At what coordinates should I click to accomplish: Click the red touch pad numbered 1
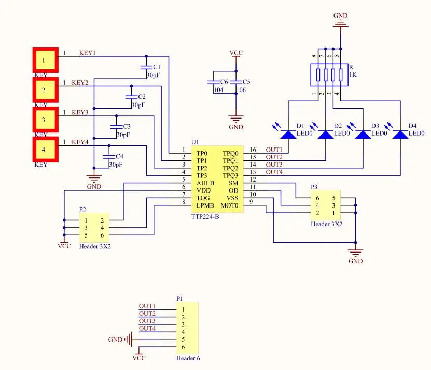45,60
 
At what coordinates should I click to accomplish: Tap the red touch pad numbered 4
45,150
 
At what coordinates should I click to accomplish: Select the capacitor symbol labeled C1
146,67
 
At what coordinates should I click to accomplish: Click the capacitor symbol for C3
116,127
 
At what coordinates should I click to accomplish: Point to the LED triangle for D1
288,135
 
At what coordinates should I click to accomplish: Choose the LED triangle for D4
400,135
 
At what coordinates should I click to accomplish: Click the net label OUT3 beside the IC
274,165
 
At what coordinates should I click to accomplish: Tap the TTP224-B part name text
205,217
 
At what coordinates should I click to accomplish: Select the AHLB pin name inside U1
205,183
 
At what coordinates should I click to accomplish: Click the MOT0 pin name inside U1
229,206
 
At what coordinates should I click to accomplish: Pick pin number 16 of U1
253,150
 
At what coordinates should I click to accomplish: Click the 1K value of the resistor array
353,75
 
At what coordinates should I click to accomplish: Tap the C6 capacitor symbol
214,82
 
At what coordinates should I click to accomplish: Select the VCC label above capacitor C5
236,53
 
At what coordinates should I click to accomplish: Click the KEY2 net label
80,83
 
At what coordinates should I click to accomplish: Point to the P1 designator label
179,299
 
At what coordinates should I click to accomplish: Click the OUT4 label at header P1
147,328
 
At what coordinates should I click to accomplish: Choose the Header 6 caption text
188,358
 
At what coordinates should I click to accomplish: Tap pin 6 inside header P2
102,235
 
